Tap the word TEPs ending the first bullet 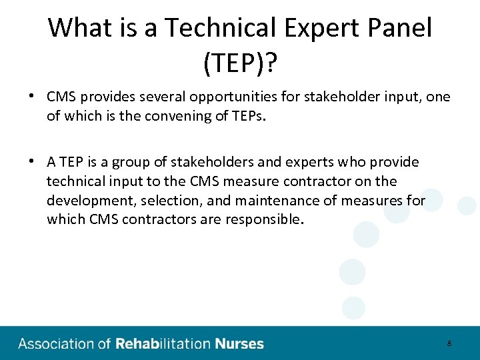tap(246, 117)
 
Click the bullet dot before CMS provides tap(31, 97)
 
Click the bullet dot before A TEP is tap(31, 161)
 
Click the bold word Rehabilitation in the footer tap(163, 344)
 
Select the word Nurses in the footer tap(239, 344)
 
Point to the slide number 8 tap(449, 344)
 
